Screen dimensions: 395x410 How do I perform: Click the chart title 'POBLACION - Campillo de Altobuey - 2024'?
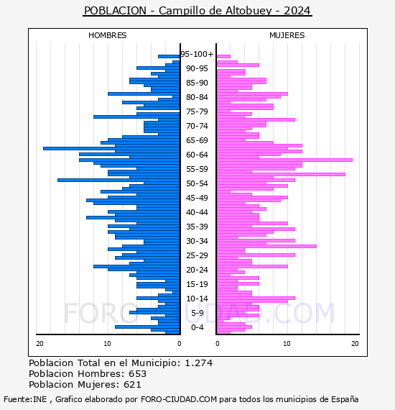click(x=197, y=11)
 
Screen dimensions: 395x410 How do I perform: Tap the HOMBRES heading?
click(x=107, y=35)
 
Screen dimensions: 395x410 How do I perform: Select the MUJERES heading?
click(x=287, y=35)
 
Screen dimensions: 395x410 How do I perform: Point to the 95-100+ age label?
click(x=197, y=54)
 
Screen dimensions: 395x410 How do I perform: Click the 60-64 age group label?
click(x=197, y=155)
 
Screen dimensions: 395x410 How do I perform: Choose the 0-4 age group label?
click(x=197, y=327)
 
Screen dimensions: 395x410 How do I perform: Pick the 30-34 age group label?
click(x=197, y=241)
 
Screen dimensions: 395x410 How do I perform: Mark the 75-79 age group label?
click(x=197, y=111)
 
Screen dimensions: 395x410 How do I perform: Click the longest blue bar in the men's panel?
click(x=111, y=148)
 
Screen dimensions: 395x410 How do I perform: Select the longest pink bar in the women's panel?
click(x=284, y=160)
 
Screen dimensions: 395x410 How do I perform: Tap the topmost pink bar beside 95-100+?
click(x=223, y=57)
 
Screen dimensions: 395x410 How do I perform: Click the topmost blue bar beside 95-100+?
click(x=169, y=57)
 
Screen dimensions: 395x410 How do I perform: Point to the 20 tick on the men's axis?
click(x=39, y=343)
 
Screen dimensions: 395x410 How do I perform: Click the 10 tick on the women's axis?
click(x=287, y=343)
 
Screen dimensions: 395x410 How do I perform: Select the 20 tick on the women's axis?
click(x=355, y=343)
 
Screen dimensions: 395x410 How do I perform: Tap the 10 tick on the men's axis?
click(x=107, y=343)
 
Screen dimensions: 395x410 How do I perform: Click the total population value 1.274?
click(x=199, y=363)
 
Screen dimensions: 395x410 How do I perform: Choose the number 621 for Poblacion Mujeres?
click(x=132, y=384)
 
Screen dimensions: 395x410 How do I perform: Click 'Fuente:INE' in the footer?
click(x=25, y=399)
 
